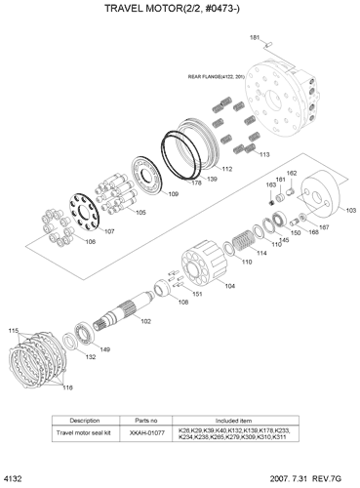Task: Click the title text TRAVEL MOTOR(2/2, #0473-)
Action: (180, 9)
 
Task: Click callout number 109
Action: (173, 194)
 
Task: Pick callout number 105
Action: (140, 212)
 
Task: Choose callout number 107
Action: (108, 231)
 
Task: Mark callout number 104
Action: (229, 286)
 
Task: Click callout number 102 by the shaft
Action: (145, 321)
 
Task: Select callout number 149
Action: (104, 349)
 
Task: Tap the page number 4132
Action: (13, 479)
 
